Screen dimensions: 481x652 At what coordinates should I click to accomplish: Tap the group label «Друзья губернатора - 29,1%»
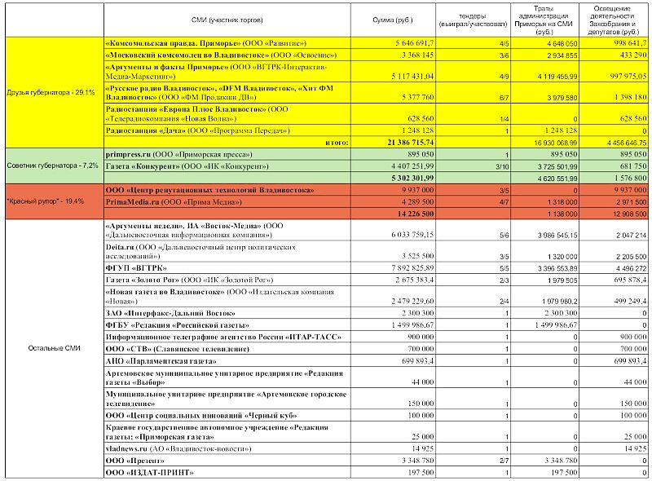click(x=51, y=92)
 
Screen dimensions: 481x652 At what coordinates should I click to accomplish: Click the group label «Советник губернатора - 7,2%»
click(x=51, y=165)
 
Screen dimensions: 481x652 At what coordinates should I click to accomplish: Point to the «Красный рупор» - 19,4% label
click(x=51, y=201)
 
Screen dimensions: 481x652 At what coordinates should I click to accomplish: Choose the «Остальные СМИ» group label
click(x=51, y=348)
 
